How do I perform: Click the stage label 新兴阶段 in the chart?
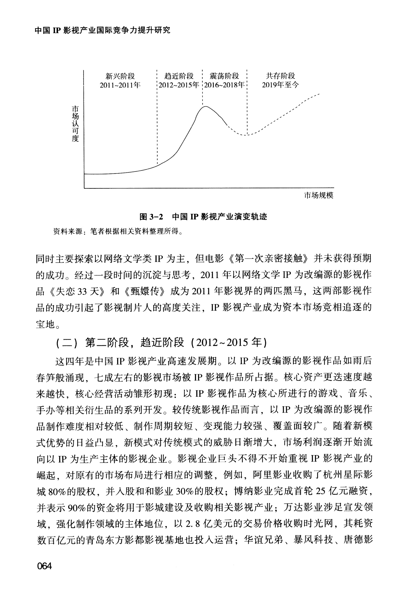click(120, 76)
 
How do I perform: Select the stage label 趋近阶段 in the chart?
click(179, 76)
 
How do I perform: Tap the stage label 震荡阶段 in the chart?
click(225, 76)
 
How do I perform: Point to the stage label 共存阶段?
click(280, 76)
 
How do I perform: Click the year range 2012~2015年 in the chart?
click(179, 85)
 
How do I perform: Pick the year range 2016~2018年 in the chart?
click(225, 85)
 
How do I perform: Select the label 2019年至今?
click(280, 85)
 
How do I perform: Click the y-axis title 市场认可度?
click(75, 124)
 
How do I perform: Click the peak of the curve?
click(206, 106)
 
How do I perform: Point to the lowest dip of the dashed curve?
click(246, 135)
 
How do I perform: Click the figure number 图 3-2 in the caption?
click(151, 217)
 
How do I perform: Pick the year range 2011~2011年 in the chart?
click(120, 85)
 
